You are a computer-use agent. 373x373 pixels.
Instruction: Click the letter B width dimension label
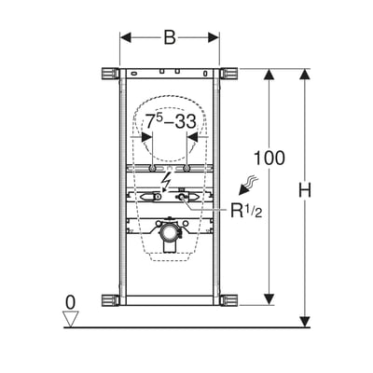tap(170, 38)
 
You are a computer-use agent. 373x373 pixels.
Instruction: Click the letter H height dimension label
tap(305, 190)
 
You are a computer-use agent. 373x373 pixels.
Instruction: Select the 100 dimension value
tap(269, 158)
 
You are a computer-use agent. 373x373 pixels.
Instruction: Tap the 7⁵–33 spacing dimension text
tap(171, 121)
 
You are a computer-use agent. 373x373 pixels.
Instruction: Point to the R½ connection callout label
tap(246, 210)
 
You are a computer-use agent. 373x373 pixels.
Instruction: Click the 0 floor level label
tap(71, 302)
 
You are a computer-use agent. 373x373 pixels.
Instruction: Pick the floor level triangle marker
tap(71, 319)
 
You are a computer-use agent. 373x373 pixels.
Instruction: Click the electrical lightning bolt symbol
tap(166, 184)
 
